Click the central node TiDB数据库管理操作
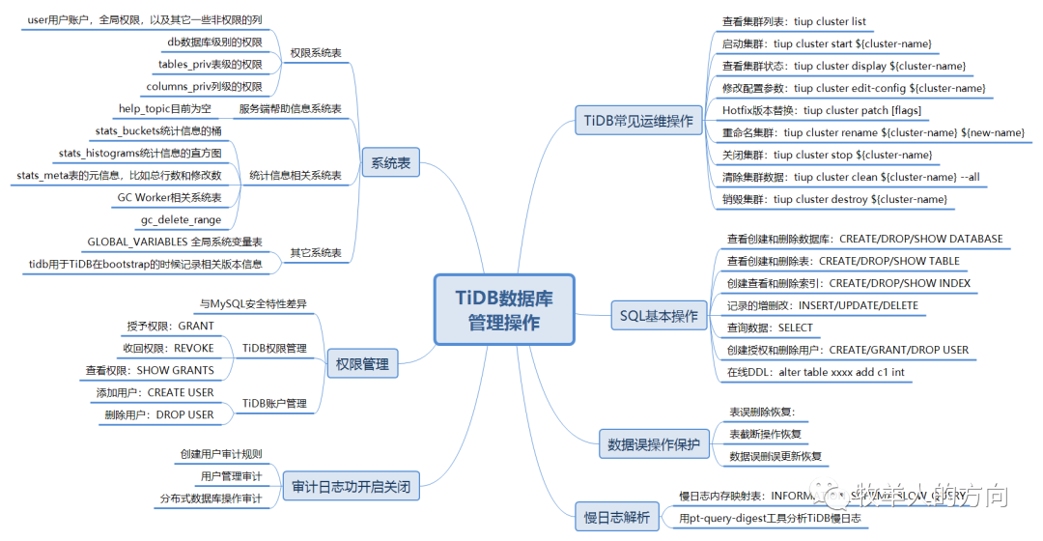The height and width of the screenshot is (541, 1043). click(503, 309)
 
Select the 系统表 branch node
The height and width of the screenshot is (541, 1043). click(390, 163)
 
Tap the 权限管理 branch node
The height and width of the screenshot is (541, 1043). click(362, 364)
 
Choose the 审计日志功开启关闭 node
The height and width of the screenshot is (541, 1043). click(351, 487)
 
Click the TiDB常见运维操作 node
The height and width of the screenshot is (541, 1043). click(638, 121)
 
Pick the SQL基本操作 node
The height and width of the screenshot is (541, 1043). click(658, 316)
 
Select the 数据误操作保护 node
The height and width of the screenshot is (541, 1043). click(653, 444)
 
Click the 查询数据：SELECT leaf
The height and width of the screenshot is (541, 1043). click(770, 327)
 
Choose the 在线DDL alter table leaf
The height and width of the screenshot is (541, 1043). click(815, 372)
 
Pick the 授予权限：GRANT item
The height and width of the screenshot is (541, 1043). click(170, 327)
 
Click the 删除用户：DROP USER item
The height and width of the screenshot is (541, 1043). click(159, 414)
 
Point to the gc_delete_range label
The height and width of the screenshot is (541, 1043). click(182, 219)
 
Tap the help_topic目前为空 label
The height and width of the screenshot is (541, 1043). click(164, 109)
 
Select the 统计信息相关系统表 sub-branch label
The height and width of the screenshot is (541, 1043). click(296, 175)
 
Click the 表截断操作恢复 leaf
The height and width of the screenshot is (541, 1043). click(765, 434)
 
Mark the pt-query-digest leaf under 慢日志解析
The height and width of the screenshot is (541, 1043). click(769, 519)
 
